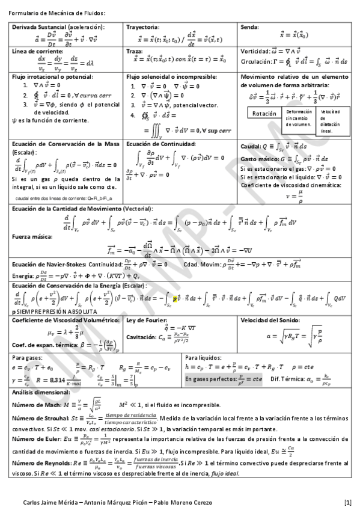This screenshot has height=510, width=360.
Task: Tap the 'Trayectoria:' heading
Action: point(143,28)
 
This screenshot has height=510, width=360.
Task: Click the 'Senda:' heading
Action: point(249,28)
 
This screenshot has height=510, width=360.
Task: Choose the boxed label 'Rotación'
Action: point(263,114)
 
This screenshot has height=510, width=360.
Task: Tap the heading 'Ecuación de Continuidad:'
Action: point(162,144)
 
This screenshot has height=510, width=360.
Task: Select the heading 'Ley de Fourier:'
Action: point(147,320)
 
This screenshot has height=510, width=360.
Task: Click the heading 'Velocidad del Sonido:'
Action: point(269,320)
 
